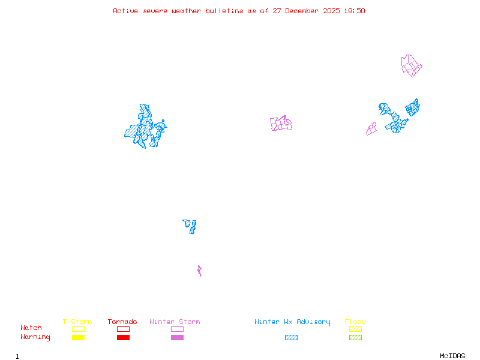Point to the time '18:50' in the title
[354, 11]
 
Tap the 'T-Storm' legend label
[77, 322]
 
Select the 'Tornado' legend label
[122, 322]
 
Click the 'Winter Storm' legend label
[175, 322]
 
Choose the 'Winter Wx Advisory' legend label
[292, 322]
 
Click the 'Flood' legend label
[355, 322]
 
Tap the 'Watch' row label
[31, 328]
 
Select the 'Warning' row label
[35, 337]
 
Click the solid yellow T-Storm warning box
[78, 338]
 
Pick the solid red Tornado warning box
[123, 338]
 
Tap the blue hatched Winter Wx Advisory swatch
[291, 338]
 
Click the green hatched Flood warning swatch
[355, 338]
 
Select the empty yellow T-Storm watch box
[78, 329]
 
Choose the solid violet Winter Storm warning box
[177, 338]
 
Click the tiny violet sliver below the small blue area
[199, 271]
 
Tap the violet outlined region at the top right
[410, 65]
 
